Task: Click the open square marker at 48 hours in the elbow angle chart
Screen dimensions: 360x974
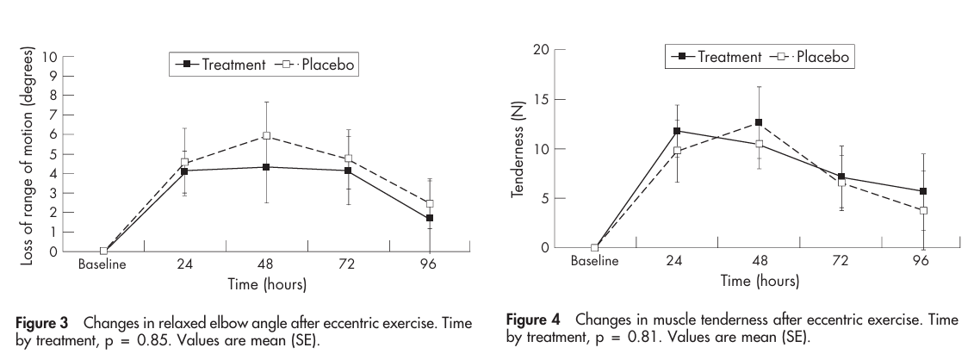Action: tap(266, 135)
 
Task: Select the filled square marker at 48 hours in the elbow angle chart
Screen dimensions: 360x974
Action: tap(266, 167)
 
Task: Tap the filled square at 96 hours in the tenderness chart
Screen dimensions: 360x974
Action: tap(922, 191)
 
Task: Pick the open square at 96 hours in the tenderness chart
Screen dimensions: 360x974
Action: tap(922, 210)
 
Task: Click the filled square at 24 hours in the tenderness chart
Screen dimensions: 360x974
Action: tap(677, 131)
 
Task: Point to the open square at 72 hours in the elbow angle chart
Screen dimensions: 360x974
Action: tap(348, 158)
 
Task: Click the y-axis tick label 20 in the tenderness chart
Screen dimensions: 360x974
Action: tap(539, 50)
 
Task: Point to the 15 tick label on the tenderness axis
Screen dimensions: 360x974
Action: tap(539, 100)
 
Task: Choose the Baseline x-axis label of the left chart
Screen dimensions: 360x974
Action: tap(102, 265)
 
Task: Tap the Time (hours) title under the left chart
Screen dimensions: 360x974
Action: tap(266, 283)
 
